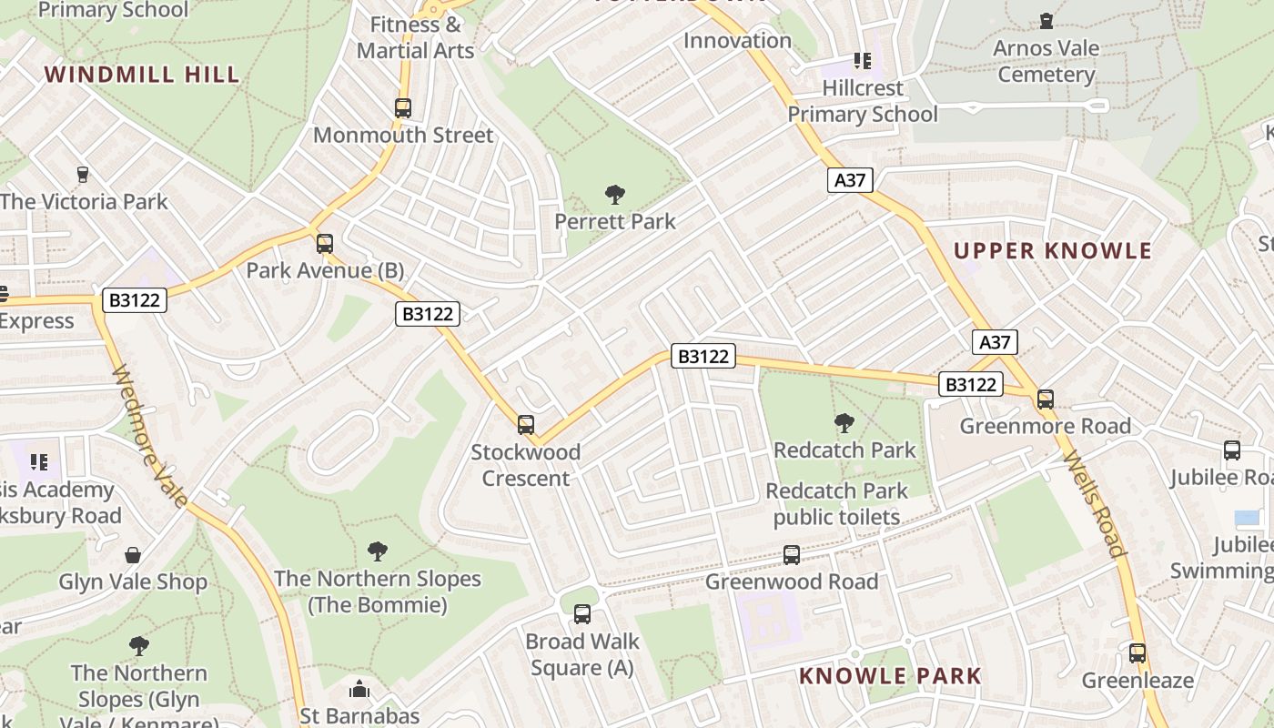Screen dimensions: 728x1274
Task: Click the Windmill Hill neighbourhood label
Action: (142, 75)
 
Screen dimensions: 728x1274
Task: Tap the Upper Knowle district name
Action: (1053, 251)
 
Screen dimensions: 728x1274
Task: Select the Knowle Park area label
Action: (890, 676)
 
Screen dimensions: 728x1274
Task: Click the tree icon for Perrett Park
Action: (615, 194)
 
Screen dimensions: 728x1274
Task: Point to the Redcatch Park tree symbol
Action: (844, 422)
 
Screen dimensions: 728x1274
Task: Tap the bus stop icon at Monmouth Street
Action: (403, 108)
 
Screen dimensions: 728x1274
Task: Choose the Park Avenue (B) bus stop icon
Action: (325, 244)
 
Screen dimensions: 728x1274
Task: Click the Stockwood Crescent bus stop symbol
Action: (525, 425)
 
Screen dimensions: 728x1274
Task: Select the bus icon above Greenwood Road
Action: (792, 554)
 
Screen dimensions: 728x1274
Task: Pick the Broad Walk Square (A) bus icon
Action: (582, 614)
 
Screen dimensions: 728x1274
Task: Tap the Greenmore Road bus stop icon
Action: (1046, 399)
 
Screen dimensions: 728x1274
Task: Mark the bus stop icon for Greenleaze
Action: (1137, 652)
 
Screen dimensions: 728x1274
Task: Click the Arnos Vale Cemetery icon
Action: (1046, 21)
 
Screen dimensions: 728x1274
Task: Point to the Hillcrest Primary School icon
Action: (862, 61)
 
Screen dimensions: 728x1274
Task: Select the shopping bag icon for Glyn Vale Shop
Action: (133, 554)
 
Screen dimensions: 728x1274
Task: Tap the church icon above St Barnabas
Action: (359, 689)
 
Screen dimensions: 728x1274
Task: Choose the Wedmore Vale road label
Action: (150, 436)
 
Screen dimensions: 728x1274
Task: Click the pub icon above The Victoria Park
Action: (83, 174)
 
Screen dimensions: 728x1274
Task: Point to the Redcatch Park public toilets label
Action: (836, 504)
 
